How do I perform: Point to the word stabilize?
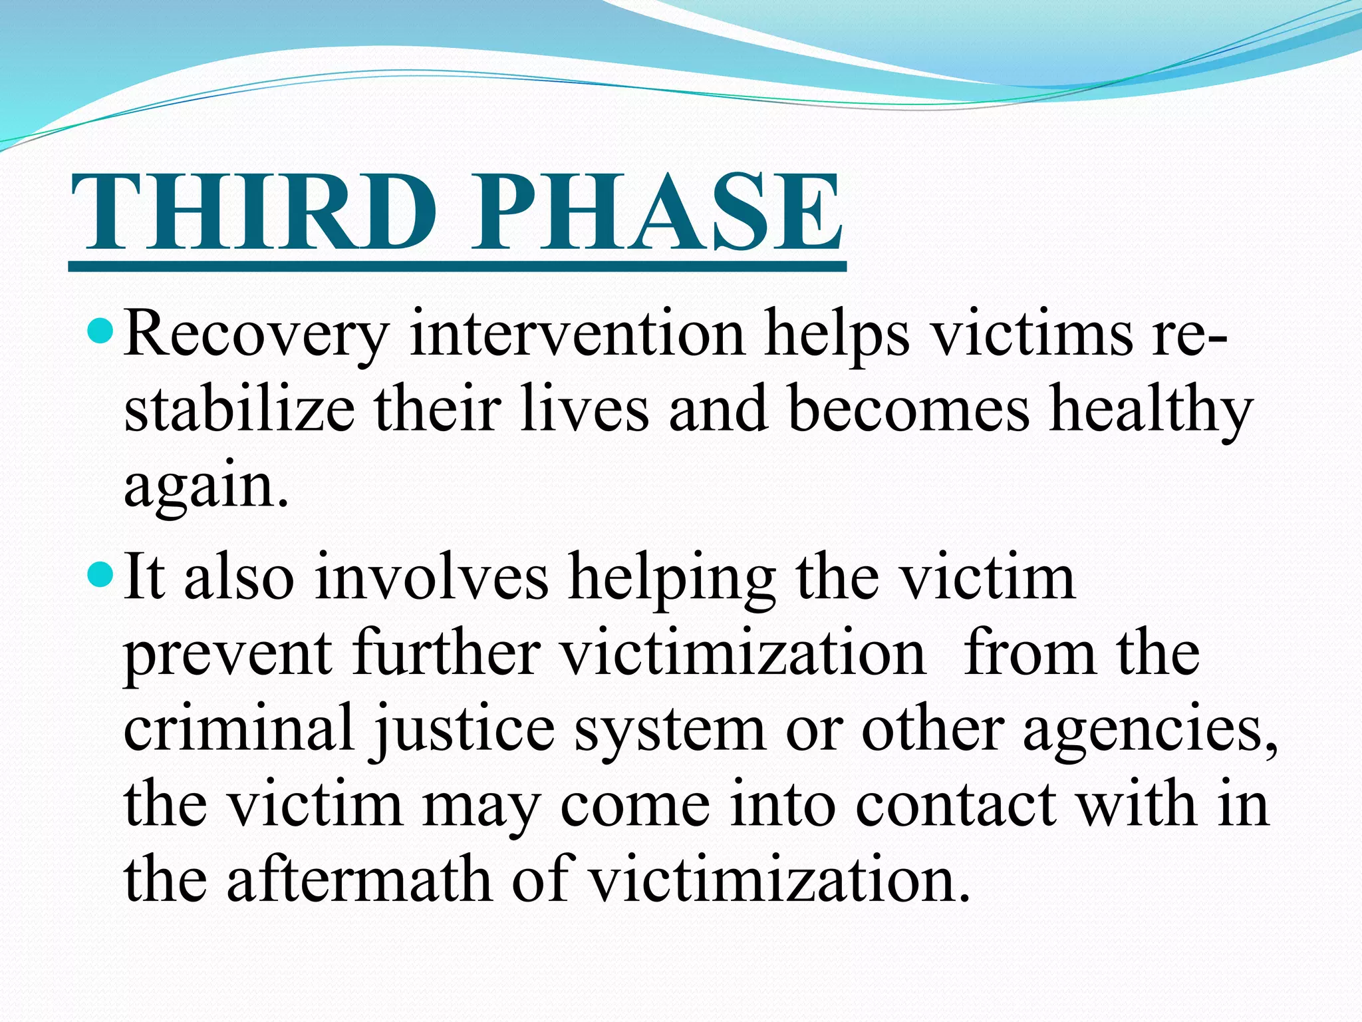point(239,411)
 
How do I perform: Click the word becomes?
point(908,411)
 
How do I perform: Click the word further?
point(446,653)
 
